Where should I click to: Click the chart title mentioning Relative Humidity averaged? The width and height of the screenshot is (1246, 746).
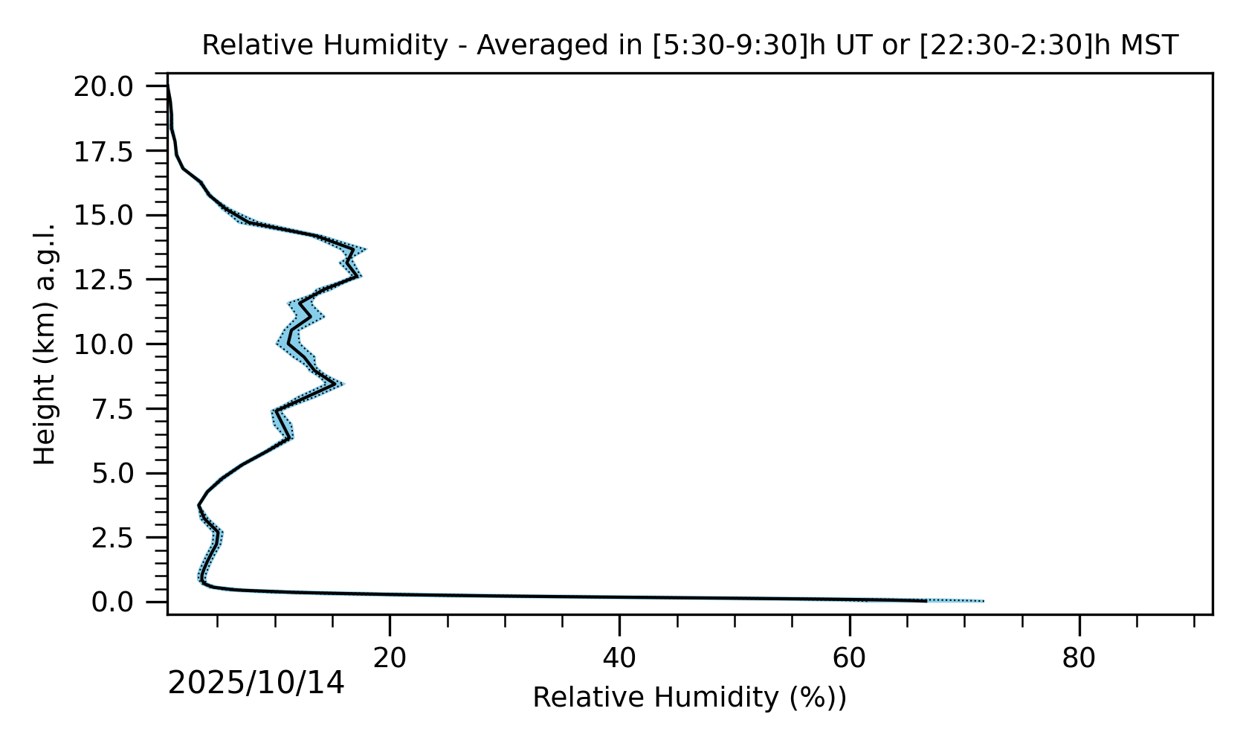(x=690, y=45)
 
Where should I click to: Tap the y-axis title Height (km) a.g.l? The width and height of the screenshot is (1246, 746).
(x=45, y=344)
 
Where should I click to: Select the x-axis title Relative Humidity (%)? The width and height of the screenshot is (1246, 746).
(x=689, y=698)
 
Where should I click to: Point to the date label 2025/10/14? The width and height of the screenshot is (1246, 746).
(x=256, y=683)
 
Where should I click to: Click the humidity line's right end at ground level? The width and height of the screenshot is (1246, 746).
(x=926, y=600)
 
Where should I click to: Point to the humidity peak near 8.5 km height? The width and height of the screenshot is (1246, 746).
(x=334, y=384)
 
